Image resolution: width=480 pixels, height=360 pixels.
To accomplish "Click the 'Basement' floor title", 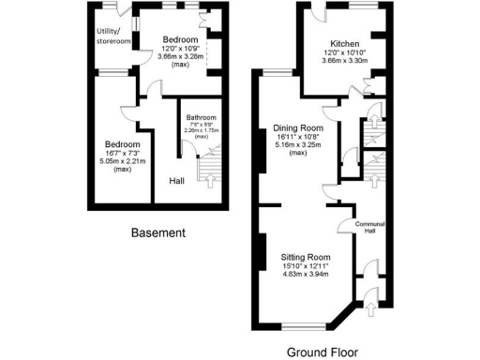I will click(x=157, y=232).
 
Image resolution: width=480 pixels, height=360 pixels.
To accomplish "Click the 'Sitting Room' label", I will click(x=306, y=255).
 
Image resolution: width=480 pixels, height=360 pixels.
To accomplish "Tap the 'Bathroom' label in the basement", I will click(x=201, y=117).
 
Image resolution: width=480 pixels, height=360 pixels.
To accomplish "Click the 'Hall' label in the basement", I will click(x=176, y=180).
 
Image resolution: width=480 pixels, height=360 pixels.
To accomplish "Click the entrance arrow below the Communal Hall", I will click(x=372, y=307).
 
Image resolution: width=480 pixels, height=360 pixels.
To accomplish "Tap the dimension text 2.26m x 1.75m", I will click(x=201, y=130).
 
